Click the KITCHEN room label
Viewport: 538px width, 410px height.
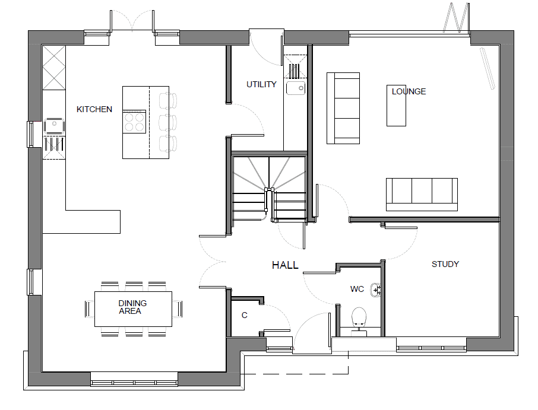(x=94, y=109)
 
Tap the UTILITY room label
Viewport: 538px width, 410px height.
(x=261, y=84)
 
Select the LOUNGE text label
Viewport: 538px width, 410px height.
(x=409, y=91)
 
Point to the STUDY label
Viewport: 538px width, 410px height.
(x=445, y=264)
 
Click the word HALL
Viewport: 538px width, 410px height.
(x=285, y=265)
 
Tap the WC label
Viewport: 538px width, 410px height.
(x=357, y=289)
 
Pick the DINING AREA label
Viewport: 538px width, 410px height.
(x=132, y=307)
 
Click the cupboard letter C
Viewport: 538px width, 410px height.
(x=244, y=316)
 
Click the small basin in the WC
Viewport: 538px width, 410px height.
(x=376, y=290)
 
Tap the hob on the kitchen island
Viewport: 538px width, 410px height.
(x=134, y=122)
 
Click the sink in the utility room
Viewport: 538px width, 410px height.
(x=296, y=88)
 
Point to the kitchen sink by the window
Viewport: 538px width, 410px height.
(x=54, y=126)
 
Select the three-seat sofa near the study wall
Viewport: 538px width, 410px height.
(x=422, y=195)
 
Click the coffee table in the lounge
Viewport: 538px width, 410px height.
(x=396, y=106)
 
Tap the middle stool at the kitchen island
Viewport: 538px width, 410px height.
(x=168, y=123)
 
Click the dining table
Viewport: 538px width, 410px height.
(x=133, y=309)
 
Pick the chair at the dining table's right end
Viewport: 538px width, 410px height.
(x=178, y=309)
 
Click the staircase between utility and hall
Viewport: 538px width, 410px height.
(x=270, y=189)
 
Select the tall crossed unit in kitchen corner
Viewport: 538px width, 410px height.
(x=54, y=68)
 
